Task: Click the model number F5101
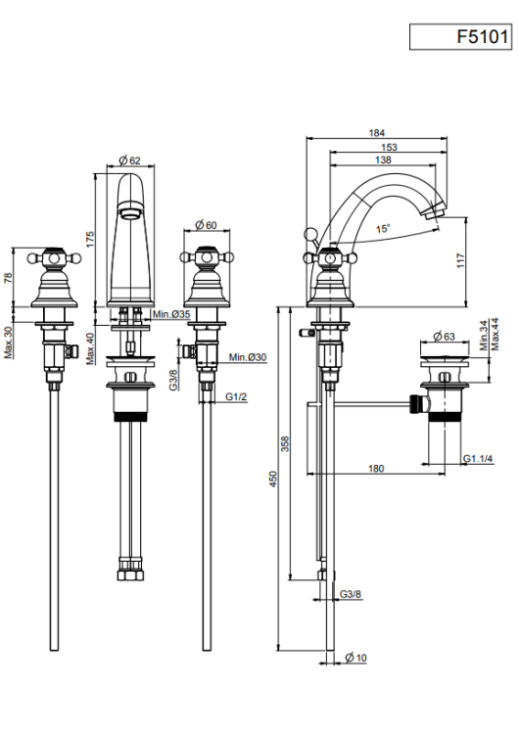[483, 36]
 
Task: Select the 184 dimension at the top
[376, 133]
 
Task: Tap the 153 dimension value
[389, 147]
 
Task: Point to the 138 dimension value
[383, 161]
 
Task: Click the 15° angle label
[383, 228]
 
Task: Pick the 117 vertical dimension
[461, 260]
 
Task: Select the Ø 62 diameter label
[129, 161]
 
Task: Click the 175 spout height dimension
[89, 239]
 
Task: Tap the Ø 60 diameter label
[206, 225]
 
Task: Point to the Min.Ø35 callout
[170, 314]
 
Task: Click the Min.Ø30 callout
[248, 357]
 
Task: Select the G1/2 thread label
[236, 397]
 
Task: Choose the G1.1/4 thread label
[478, 459]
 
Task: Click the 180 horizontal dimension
[376, 468]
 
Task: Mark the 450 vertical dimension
[273, 479]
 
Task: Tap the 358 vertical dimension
[285, 443]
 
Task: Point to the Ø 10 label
[356, 658]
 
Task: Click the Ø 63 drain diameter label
[444, 336]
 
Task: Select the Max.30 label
[10, 343]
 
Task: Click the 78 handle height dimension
[8, 278]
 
